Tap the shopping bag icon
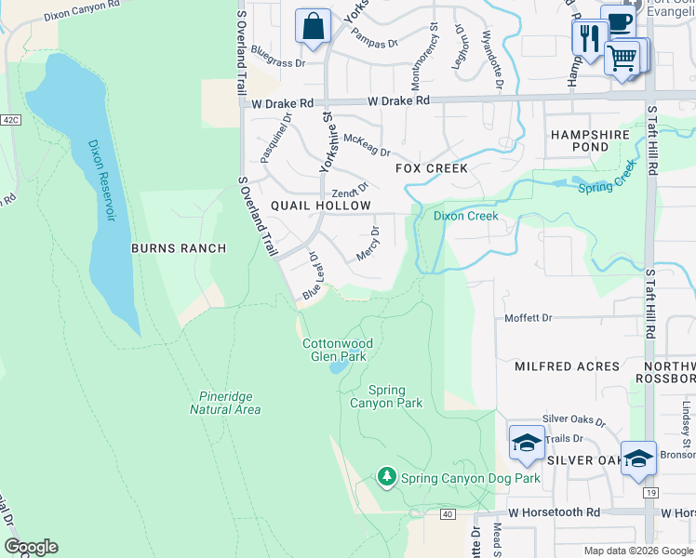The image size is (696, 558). pyautogui.click(x=314, y=27)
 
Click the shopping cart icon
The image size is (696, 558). pyautogui.click(x=622, y=58)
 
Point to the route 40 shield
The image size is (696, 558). pyautogui.click(x=448, y=514)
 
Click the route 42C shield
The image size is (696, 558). pyautogui.click(x=9, y=120)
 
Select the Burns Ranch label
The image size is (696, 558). pyautogui.click(x=179, y=248)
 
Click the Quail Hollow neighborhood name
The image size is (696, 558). pyautogui.click(x=321, y=206)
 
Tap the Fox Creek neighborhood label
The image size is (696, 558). pyautogui.click(x=431, y=168)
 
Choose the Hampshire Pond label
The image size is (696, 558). pyautogui.click(x=590, y=140)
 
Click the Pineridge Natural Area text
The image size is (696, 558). pyautogui.click(x=224, y=403)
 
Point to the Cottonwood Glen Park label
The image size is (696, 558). pyautogui.click(x=338, y=350)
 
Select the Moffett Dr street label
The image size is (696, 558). pyautogui.click(x=528, y=318)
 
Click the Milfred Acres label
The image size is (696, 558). pyautogui.click(x=567, y=366)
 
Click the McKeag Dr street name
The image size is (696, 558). pyautogui.click(x=366, y=145)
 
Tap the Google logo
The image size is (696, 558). pyautogui.click(x=31, y=547)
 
